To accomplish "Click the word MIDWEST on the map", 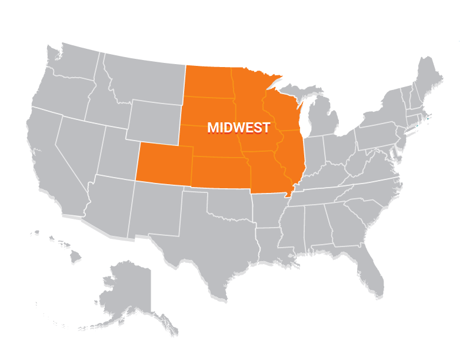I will (x=239, y=128).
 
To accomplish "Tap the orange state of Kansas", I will (x=221, y=172).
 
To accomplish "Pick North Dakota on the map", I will (x=209, y=82).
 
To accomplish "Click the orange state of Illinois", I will (x=292, y=154).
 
